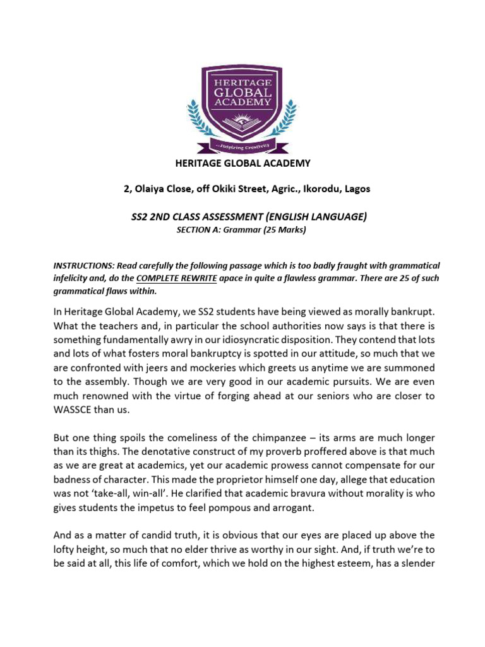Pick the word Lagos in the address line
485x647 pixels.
coord(357,189)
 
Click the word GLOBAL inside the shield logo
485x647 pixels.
coord(242,88)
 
